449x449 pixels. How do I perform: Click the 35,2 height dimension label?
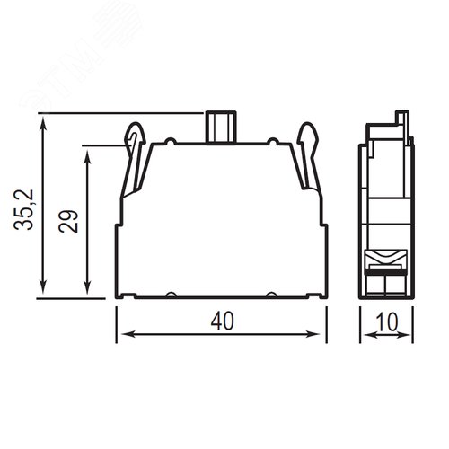click(23, 209)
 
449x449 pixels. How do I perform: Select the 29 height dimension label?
click(68, 221)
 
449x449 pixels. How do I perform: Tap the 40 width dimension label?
click(223, 321)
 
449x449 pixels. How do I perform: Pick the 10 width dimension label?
click(387, 321)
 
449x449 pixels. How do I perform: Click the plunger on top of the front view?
click(221, 127)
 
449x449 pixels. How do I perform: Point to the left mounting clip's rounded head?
click(136, 133)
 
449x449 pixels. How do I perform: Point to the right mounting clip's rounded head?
click(308, 133)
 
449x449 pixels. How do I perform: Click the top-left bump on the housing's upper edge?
click(171, 141)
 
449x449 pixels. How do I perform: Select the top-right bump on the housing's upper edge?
click(272, 141)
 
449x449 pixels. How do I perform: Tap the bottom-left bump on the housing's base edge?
click(171, 295)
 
